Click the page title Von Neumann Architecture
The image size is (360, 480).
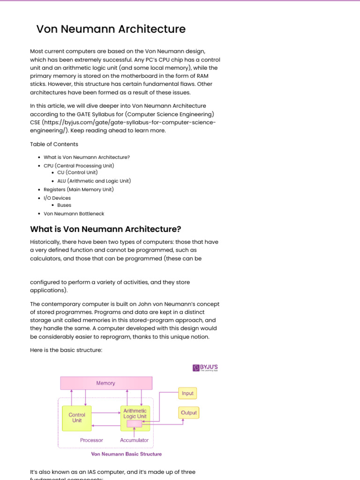[111, 29]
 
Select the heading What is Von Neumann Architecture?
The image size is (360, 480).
[105, 229]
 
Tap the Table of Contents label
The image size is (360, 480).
[54, 144]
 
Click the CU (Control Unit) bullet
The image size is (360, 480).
[77, 172]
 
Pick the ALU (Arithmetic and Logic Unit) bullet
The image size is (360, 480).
[94, 181]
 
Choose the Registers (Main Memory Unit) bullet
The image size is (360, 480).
[78, 189]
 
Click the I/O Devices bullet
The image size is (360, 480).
[57, 198]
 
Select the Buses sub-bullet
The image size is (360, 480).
[64, 205]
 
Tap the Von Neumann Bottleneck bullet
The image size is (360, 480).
[74, 214]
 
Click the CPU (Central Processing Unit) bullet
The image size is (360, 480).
[79, 165]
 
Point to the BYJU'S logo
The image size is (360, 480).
[205, 367]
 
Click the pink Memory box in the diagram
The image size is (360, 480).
[106, 383]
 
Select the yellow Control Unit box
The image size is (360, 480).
[77, 418]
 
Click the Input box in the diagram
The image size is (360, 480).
[187, 393]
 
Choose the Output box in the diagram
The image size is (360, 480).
[188, 413]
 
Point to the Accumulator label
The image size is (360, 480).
[134, 440]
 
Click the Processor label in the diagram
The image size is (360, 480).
[91, 440]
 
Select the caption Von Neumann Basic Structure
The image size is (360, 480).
[126, 454]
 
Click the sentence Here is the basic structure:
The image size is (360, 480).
[66, 350]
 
